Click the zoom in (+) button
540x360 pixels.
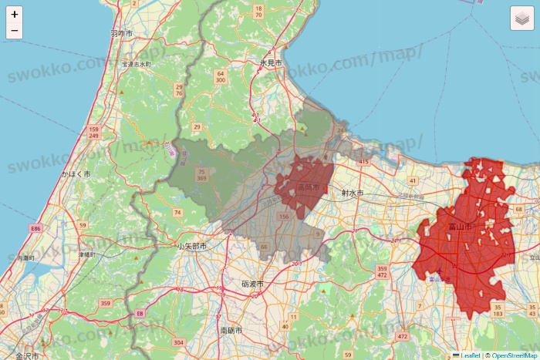pyautogui.click(x=15, y=14)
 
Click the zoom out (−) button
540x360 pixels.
pyautogui.click(x=15, y=31)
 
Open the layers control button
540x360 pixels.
pyautogui.click(x=522, y=19)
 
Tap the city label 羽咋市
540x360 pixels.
pyautogui.click(x=121, y=34)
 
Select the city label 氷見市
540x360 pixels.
pyautogui.click(x=271, y=62)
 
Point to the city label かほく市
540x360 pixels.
pyautogui.click(x=76, y=175)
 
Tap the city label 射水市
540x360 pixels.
pyautogui.click(x=353, y=193)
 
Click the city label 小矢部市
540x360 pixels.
pyautogui.click(x=191, y=247)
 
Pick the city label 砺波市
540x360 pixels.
pyautogui.click(x=252, y=284)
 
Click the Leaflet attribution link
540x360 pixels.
pyautogui.click(x=469, y=355)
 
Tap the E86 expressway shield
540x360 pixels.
pyautogui.click(x=35, y=229)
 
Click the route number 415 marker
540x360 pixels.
pyautogui.click(x=363, y=162)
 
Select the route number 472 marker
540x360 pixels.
pyautogui.click(x=402, y=337)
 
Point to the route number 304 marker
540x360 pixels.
pyautogui.click(x=179, y=342)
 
